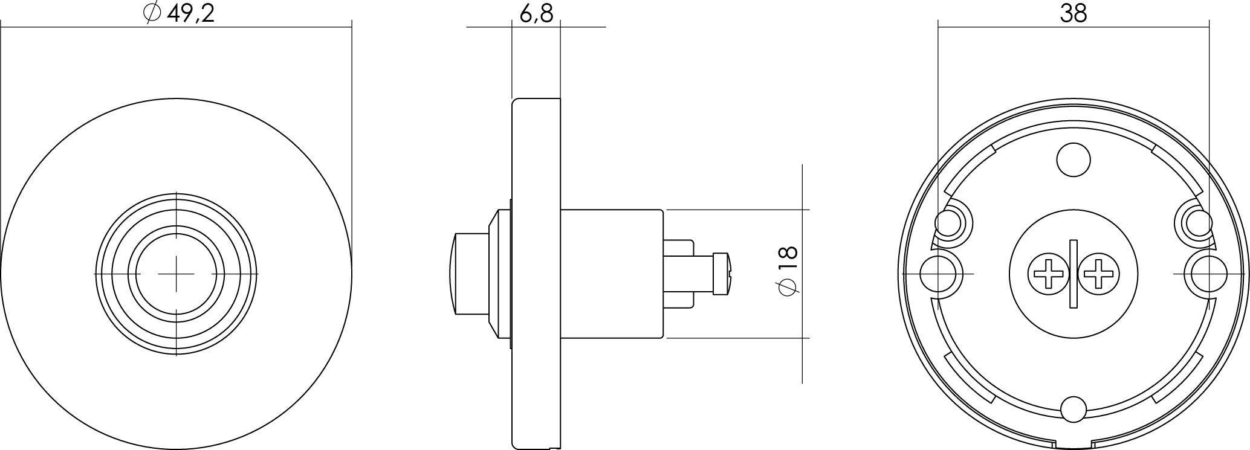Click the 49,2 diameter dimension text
[190, 13]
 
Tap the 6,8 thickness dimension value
[536, 13]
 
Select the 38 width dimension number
[1074, 13]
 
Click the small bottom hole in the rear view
[1074, 409]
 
